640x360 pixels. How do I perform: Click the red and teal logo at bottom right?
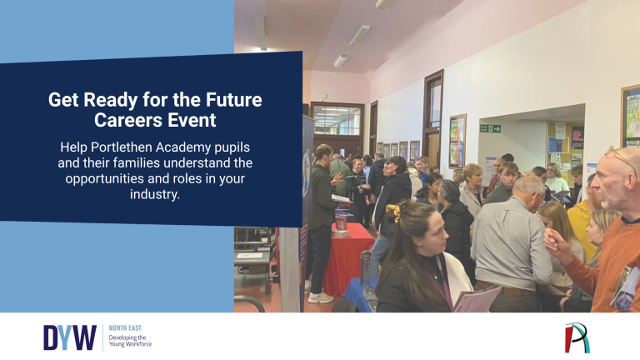[577, 337]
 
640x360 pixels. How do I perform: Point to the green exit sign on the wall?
[490, 128]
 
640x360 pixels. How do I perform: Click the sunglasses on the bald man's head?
[621, 157]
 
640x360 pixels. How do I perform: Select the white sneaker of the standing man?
[320, 297]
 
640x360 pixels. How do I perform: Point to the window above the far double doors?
[337, 119]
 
